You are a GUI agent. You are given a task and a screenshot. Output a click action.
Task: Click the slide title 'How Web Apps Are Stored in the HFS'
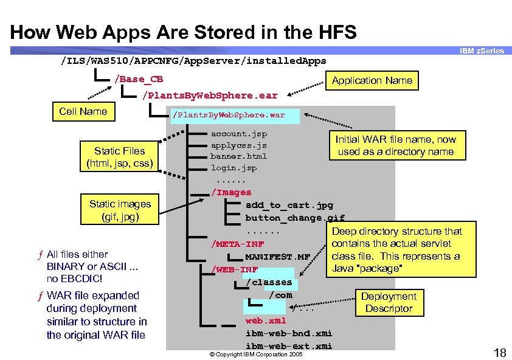183,32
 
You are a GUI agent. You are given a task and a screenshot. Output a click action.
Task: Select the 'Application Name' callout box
372,80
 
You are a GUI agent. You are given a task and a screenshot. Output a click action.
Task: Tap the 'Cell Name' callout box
83,111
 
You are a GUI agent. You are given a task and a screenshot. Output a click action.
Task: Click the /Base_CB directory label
138,80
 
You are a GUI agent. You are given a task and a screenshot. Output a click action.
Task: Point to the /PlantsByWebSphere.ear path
209,95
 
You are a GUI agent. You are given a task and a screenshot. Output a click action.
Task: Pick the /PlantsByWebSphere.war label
228,115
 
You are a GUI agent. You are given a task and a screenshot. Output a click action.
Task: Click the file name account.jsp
238,133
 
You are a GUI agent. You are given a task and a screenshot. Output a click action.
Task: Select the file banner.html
238,156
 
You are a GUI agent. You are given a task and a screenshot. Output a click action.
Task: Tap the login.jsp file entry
234,168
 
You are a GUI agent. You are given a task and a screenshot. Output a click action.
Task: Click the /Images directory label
230,192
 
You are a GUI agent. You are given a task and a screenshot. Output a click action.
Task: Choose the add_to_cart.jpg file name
289,206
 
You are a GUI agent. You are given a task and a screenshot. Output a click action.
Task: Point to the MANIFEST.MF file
277,257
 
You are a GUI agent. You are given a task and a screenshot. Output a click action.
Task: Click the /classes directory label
268,282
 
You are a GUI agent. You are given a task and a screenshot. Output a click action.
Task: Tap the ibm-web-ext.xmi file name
288,346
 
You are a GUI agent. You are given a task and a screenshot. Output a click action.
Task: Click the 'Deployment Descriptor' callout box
389,302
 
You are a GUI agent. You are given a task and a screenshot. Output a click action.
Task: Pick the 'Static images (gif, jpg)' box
120,210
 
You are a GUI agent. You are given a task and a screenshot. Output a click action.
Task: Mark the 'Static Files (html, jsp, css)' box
119,157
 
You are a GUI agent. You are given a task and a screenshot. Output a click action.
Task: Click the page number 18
499,352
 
